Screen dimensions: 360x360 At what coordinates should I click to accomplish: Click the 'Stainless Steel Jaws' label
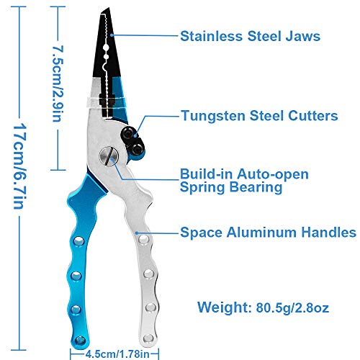(250, 36)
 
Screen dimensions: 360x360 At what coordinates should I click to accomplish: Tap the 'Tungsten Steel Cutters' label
(259, 116)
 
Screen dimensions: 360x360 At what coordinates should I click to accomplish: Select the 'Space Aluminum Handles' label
(268, 233)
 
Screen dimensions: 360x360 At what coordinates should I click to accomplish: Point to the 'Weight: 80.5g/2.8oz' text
(263, 307)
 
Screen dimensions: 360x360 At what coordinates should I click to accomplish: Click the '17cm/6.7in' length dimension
(19, 166)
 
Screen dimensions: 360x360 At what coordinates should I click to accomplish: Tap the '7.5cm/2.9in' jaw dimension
(58, 84)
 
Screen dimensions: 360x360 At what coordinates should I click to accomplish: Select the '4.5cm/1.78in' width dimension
(117, 354)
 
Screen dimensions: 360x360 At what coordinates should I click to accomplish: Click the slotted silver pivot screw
(109, 156)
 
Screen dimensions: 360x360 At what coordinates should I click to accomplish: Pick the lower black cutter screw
(137, 149)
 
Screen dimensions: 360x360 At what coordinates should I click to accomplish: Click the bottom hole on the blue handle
(80, 341)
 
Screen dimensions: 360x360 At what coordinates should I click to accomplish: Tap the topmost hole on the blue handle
(78, 240)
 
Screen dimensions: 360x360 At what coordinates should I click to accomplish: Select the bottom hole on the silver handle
(148, 338)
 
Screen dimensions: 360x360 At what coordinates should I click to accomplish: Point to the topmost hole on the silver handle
(143, 239)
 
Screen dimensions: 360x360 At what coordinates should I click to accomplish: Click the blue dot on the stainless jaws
(112, 35)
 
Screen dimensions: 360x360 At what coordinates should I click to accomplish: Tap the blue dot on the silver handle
(136, 233)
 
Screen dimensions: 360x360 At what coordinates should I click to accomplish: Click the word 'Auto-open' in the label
(272, 174)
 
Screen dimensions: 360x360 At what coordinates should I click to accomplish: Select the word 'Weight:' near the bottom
(225, 307)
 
